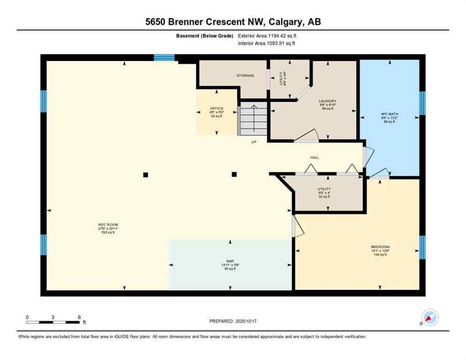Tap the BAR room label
(230, 261)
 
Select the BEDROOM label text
(380, 247)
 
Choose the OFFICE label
(216, 109)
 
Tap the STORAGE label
(245, 75)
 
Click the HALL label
(315, 157)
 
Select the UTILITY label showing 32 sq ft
(324, 189)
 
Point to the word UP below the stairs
(254, 142)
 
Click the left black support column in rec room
(145, 175)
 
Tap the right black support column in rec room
(234, 175)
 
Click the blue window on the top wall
(164, 58)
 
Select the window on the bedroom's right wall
(422, 247)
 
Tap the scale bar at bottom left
(53, 322)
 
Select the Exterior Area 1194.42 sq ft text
(267, 36)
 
